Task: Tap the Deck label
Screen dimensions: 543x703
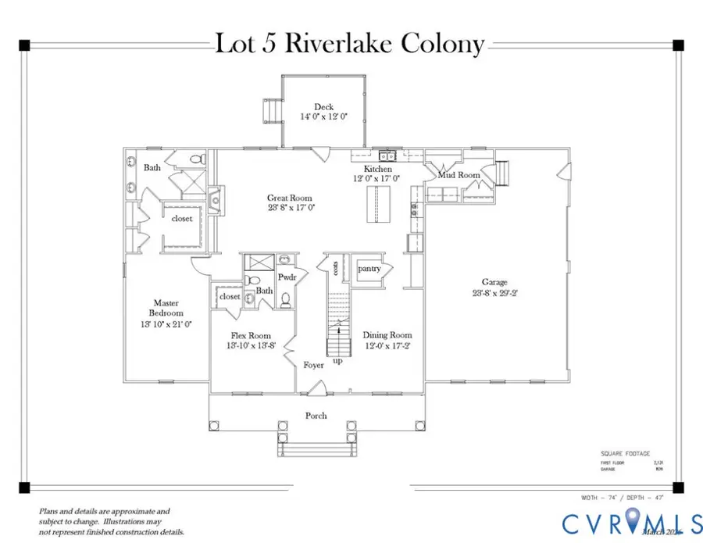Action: pos(323,107)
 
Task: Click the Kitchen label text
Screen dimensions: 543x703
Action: pos(378,169)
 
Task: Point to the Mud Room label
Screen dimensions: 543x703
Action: pos(459,175)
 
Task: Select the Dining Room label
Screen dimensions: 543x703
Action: pos(387,335)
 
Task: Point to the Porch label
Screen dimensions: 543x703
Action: pos(316,416)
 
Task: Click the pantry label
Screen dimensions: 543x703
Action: pos(369,269)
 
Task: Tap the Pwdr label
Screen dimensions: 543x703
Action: pos(286,277)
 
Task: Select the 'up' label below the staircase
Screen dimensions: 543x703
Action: pos(337,361)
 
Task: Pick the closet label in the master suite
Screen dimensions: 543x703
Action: pos(181,219)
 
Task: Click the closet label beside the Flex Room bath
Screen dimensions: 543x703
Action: pos(230,297)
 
